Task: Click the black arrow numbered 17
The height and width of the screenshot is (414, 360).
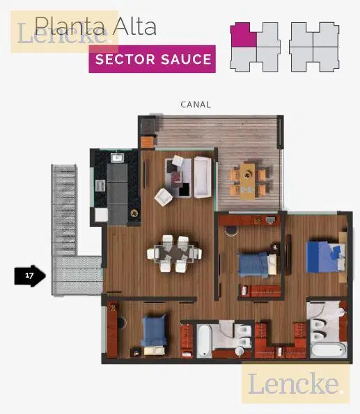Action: (x=30, y=276)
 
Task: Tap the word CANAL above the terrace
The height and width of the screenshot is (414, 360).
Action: (x=196, y=104)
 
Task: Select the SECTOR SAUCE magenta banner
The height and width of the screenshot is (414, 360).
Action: (x=152, y=59)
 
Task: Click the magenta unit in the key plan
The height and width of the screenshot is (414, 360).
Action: (x=242, y=35)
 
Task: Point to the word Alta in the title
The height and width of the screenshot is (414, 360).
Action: (x=136, y=26)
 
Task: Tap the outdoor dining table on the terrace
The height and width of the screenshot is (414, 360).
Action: (x=248, y=182)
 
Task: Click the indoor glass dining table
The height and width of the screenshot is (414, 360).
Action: (x=174, y=253)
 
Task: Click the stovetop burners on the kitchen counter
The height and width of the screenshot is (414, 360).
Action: (x=100, y=186)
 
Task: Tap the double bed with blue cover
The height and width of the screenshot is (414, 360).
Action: (x=326, y=257)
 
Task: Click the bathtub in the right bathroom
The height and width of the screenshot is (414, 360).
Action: (x=329, y=350)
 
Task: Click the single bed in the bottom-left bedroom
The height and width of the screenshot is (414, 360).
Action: (x=154, y=335)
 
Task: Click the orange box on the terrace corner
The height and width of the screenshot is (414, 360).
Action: (x=147, y=142)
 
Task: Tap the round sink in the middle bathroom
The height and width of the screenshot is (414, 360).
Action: (x=240, y=351)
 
